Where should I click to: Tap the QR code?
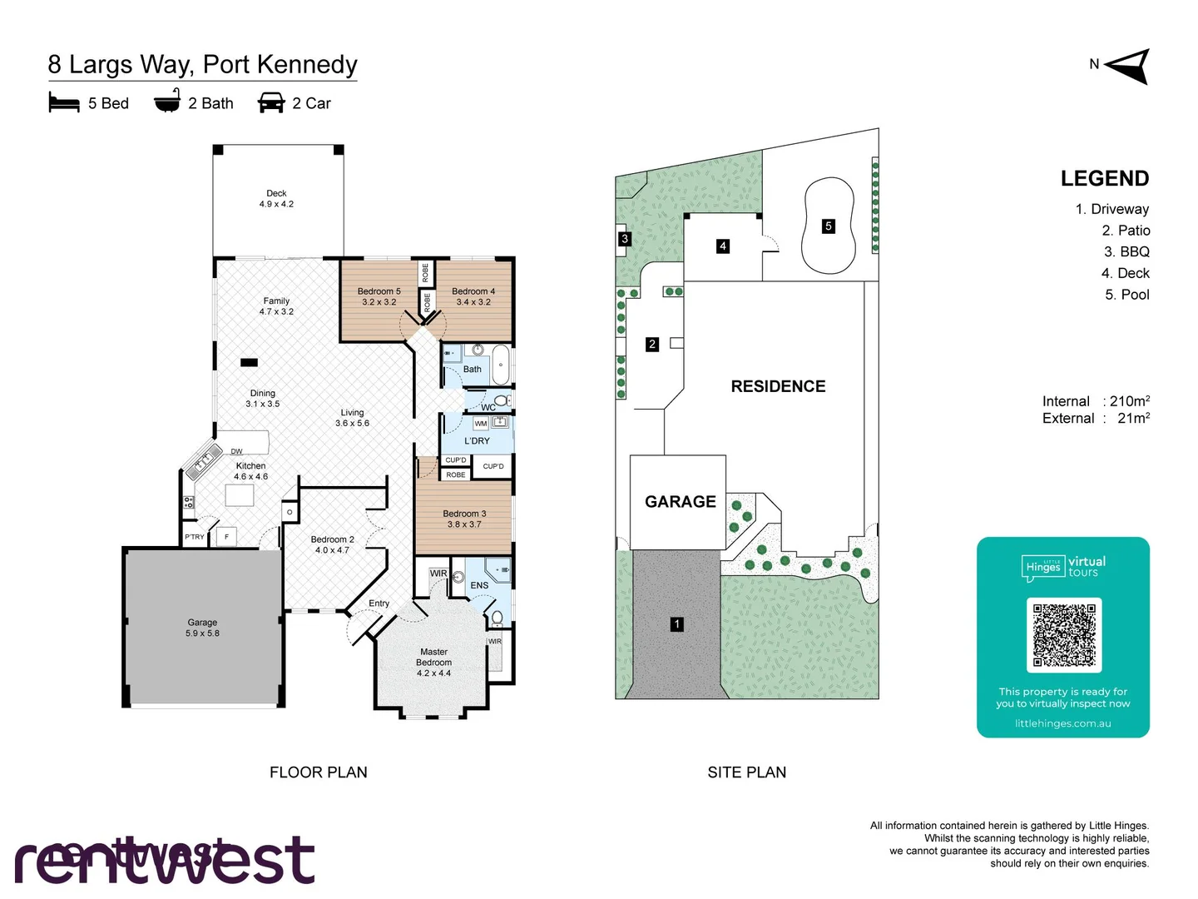tap(1064, 634)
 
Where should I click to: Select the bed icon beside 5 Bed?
tap(64, 102)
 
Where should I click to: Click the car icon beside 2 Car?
tap(271, 102)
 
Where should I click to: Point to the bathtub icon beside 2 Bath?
tap(167, 102)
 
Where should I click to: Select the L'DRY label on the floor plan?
tap(477, 440)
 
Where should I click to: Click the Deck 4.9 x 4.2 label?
tap(276, 198)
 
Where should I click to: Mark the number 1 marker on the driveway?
tap(677, 623)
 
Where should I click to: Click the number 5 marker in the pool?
tap(828, 226)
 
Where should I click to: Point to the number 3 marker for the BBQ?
tap(625, 239)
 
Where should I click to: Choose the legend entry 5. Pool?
tap(1126, 295)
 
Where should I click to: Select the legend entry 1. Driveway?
tap(1111, 209)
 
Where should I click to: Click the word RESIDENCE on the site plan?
tap(778, 386)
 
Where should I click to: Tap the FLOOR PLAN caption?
tap(318, 772)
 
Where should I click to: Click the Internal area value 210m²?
tap(1129, 401)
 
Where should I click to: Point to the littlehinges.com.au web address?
tap(1062, 723)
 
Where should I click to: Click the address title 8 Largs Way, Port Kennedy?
tap(203, 64)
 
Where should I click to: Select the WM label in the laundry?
tap(481, 424)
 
